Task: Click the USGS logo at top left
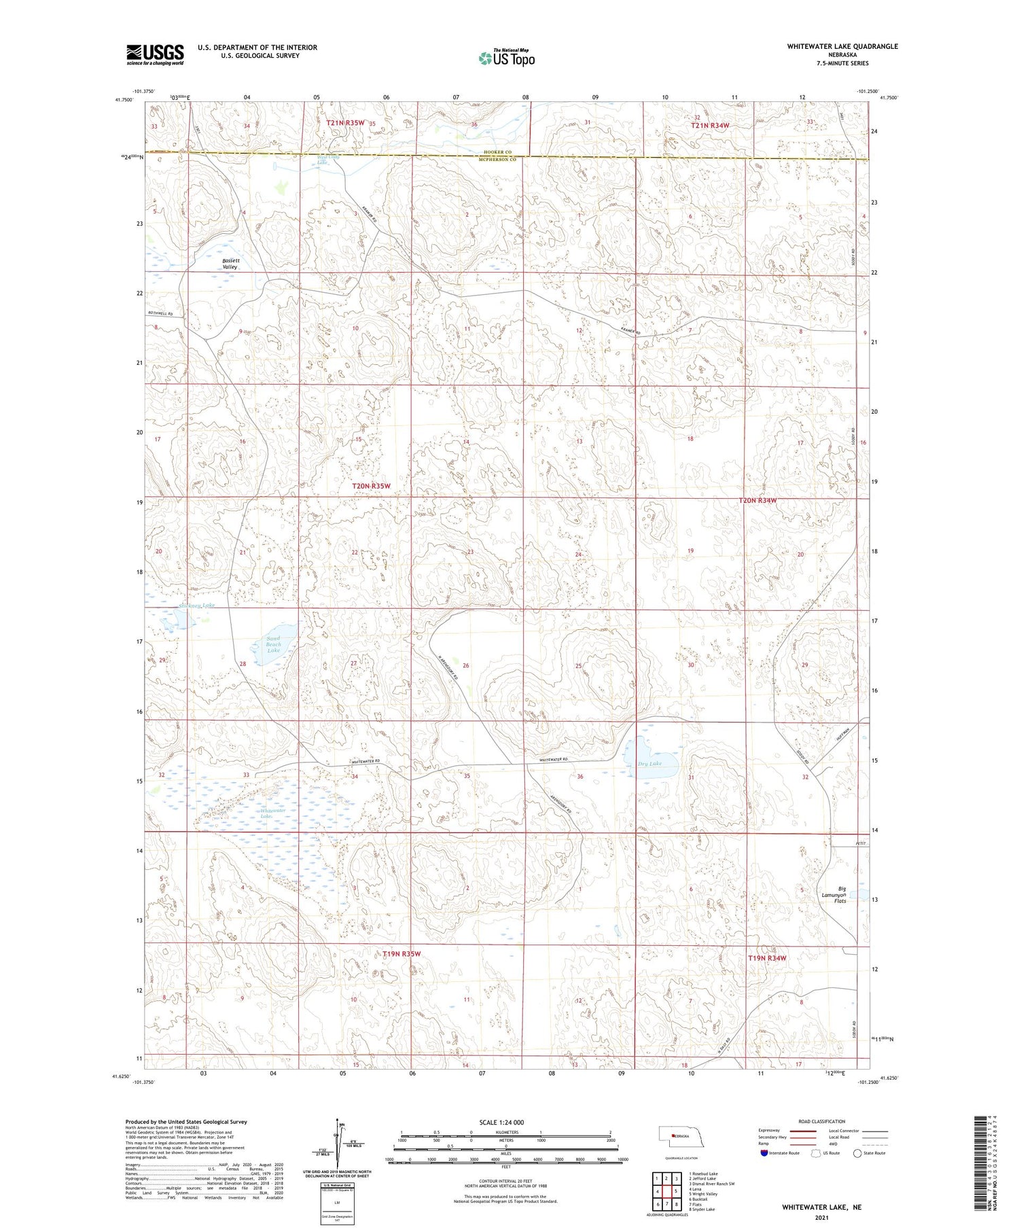click(x=155, y=54)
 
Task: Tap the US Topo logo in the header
click(x=506, y=58)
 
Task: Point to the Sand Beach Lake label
click(x=273, y=644)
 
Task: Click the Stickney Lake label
click(x=196, y=605)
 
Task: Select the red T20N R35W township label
click(x=371, y=487)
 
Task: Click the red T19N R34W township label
click(x=767, y=958)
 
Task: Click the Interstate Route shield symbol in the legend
click(x=764, y=1153)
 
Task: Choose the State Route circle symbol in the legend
click(x=857, y=1153)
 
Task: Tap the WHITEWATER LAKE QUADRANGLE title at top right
click(x=842, y=46)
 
